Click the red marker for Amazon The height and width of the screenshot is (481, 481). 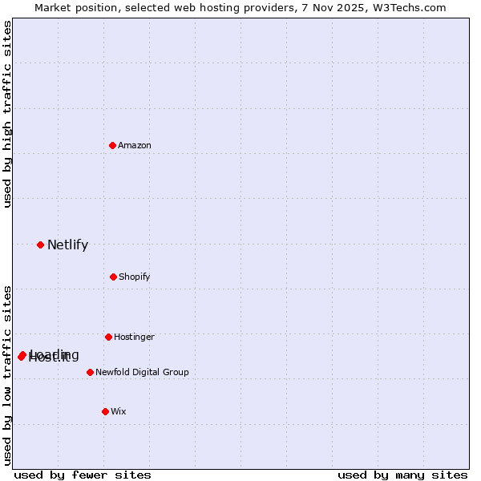tap(113, 145)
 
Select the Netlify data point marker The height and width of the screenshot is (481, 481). tap(40, 245)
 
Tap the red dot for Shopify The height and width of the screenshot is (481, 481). tap(113, 277)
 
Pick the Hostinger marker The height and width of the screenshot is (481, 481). tap(108, 337)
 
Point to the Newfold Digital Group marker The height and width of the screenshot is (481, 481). tap(90, 372)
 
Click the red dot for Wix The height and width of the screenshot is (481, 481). tap(105, 411)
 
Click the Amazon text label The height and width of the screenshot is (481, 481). tap(135, 145)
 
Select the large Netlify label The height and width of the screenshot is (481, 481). tap(67, 245)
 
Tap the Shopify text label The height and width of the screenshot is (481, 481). tap(135, 277)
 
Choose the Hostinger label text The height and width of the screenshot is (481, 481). tap(134, 337)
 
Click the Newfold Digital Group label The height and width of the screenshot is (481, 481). tap(142, 372)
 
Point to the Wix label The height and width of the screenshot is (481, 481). tap(119, 411)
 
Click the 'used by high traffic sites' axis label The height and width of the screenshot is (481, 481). tap(7, 114)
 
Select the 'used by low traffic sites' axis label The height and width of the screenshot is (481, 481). tap(7, 374)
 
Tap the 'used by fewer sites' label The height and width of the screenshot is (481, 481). tap(83, 475)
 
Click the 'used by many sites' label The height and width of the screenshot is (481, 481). tap(402, 475)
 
